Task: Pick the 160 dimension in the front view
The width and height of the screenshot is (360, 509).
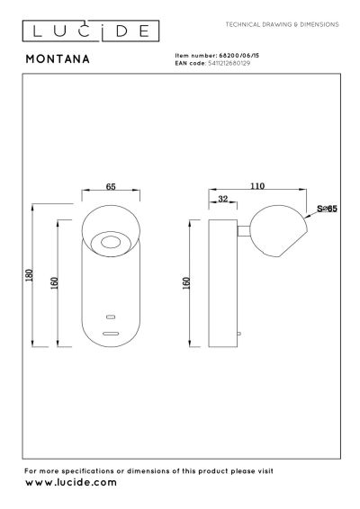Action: pyautogui.click(x=55, y=281)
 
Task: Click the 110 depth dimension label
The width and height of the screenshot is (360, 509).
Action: pyautogui.click(x=257, y=186)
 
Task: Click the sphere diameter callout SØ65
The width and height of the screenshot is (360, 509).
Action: pyautogui.click(x=326, y=210)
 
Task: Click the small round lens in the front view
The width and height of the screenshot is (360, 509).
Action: pyautogui.click(x=112, y=241)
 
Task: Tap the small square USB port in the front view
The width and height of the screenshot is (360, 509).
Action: pyautogui.click(x=112, y=317)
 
